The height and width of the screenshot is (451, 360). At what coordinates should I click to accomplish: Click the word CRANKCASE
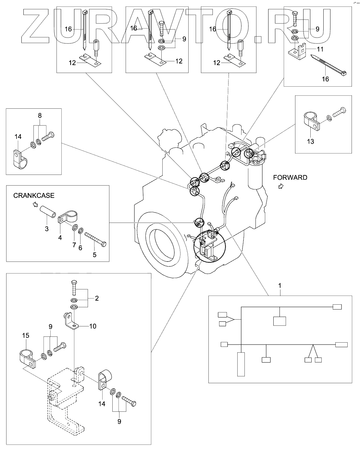(x=34, y=196)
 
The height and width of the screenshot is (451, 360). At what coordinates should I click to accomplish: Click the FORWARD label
(x=290, y=177)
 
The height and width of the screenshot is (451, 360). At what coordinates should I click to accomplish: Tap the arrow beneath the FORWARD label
(x=281, y=186)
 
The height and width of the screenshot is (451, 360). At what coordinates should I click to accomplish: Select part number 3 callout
(x=47, y=229)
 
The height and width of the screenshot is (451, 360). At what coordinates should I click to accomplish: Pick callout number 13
(x=311, y=141)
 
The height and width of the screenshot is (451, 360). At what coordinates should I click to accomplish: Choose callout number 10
(x=93, y=326)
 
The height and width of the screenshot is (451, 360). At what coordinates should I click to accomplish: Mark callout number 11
(x=320, y=49)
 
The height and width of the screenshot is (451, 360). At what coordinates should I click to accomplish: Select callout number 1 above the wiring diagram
(x=280, y=286)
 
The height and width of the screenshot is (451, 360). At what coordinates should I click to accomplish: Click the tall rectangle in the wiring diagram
(x=241, y=364)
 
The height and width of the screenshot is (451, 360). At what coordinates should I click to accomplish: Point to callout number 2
(x=96, y=298)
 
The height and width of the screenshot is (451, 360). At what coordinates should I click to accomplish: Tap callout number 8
(x=40, y=116)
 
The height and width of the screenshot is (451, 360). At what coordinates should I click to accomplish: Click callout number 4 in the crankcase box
(x=60, y=238)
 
